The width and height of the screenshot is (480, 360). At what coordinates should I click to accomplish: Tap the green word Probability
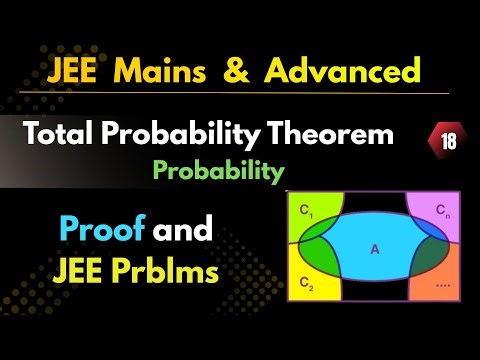[218, 171]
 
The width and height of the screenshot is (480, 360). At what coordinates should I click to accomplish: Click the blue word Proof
[101, 230]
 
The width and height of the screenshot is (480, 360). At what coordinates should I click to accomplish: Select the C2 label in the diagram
[306, 285]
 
